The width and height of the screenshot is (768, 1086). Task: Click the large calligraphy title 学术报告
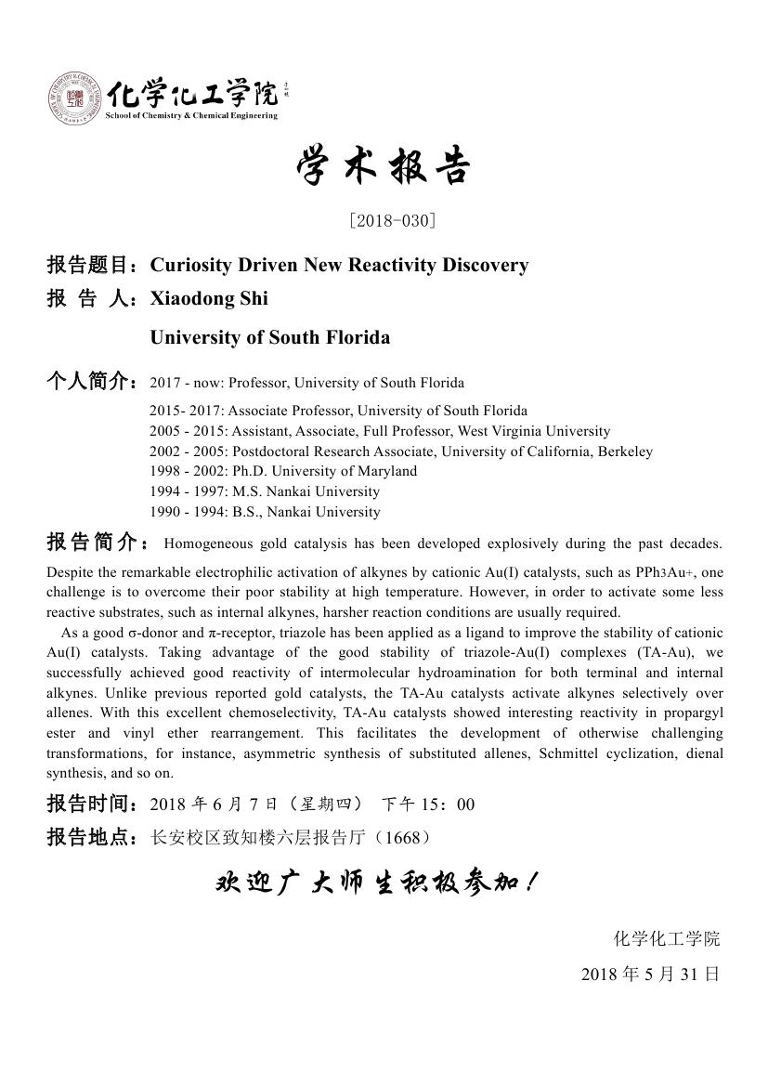pyautogui.click(x=384, y=168)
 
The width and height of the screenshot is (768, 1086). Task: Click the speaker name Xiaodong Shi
pyautogui.click(x=209, y=298)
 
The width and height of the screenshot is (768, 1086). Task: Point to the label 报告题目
pyautogui.click(x=92, y=266)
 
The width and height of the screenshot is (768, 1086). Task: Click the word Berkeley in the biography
pyautogui.click(x=625, y=451)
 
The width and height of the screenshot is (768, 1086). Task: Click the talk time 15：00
pyautogui.click(x=452, y=805)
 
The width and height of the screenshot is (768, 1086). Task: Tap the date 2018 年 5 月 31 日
pyautogui.click(x=650, y=975)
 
